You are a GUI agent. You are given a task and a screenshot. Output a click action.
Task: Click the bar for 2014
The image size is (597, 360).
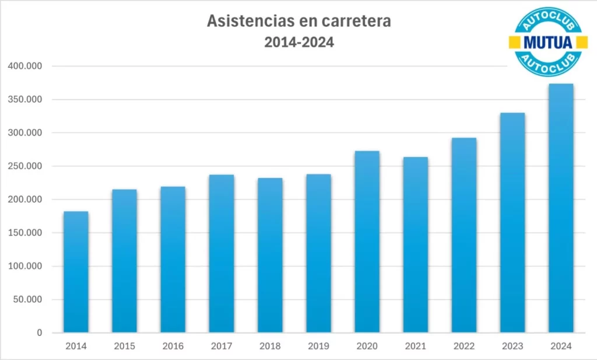tap(76, 272)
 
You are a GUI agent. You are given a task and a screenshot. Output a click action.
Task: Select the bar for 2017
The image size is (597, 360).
tap(222, 254)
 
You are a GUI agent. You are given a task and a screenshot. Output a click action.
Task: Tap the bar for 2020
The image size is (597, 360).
tap(367, 242)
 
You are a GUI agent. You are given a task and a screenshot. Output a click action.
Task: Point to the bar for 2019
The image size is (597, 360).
tap(318, 253)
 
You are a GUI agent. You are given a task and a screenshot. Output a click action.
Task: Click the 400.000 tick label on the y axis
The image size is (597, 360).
tap(26, 66)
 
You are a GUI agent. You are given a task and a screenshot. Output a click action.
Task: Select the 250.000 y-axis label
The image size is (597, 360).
tap(26, 166)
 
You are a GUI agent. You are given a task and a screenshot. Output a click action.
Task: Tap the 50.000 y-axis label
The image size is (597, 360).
tap(28, 300)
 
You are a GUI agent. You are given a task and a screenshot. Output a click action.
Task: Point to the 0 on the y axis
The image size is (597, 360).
tap(40, 333)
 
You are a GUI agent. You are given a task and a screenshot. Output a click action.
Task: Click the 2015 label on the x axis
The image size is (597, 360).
tap(125, 347)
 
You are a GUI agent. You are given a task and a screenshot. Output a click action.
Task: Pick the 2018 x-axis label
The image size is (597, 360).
tap(270, 347)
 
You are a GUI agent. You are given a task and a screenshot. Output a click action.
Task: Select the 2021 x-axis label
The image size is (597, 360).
tap(415, 347)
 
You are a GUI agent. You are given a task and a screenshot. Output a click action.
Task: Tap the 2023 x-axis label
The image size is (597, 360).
tap(512, 347)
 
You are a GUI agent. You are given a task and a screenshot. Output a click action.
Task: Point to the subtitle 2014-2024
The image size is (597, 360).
tap(299, 42)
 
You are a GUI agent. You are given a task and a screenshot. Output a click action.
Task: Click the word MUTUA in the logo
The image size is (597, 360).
tap(548, 42)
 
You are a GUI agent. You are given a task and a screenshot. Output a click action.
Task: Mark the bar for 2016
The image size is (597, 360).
tap(173, 260)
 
